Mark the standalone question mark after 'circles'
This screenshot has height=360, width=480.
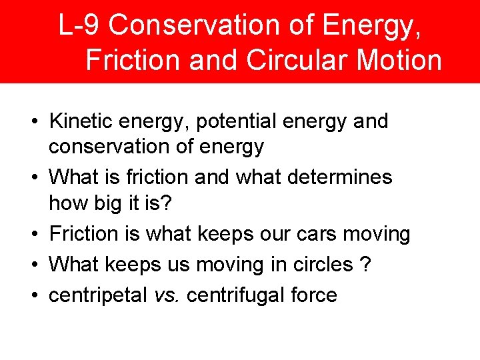pos(365,265)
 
